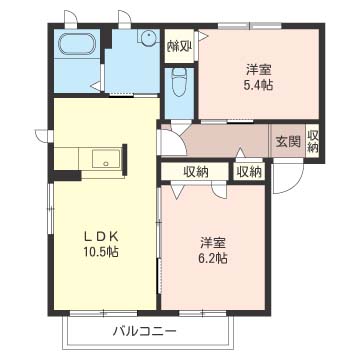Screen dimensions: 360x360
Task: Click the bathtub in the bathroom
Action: (x=76, y=47)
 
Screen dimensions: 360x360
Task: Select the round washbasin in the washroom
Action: (x=146, y=41)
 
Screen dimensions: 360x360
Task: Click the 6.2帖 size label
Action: (x=213, y=258)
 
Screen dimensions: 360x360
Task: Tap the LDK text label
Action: (x=100, y=236)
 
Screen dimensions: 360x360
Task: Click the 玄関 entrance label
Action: (x=288, y=141)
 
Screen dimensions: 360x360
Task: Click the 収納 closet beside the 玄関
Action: (x=313, y=141)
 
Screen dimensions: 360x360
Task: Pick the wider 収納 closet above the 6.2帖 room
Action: (x=196, y=172)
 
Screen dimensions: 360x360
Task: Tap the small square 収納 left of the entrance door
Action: (x=249, y=172)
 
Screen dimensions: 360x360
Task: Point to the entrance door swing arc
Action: (x=286, y=180)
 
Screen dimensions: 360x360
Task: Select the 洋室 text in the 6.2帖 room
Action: (x=213, y=242)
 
